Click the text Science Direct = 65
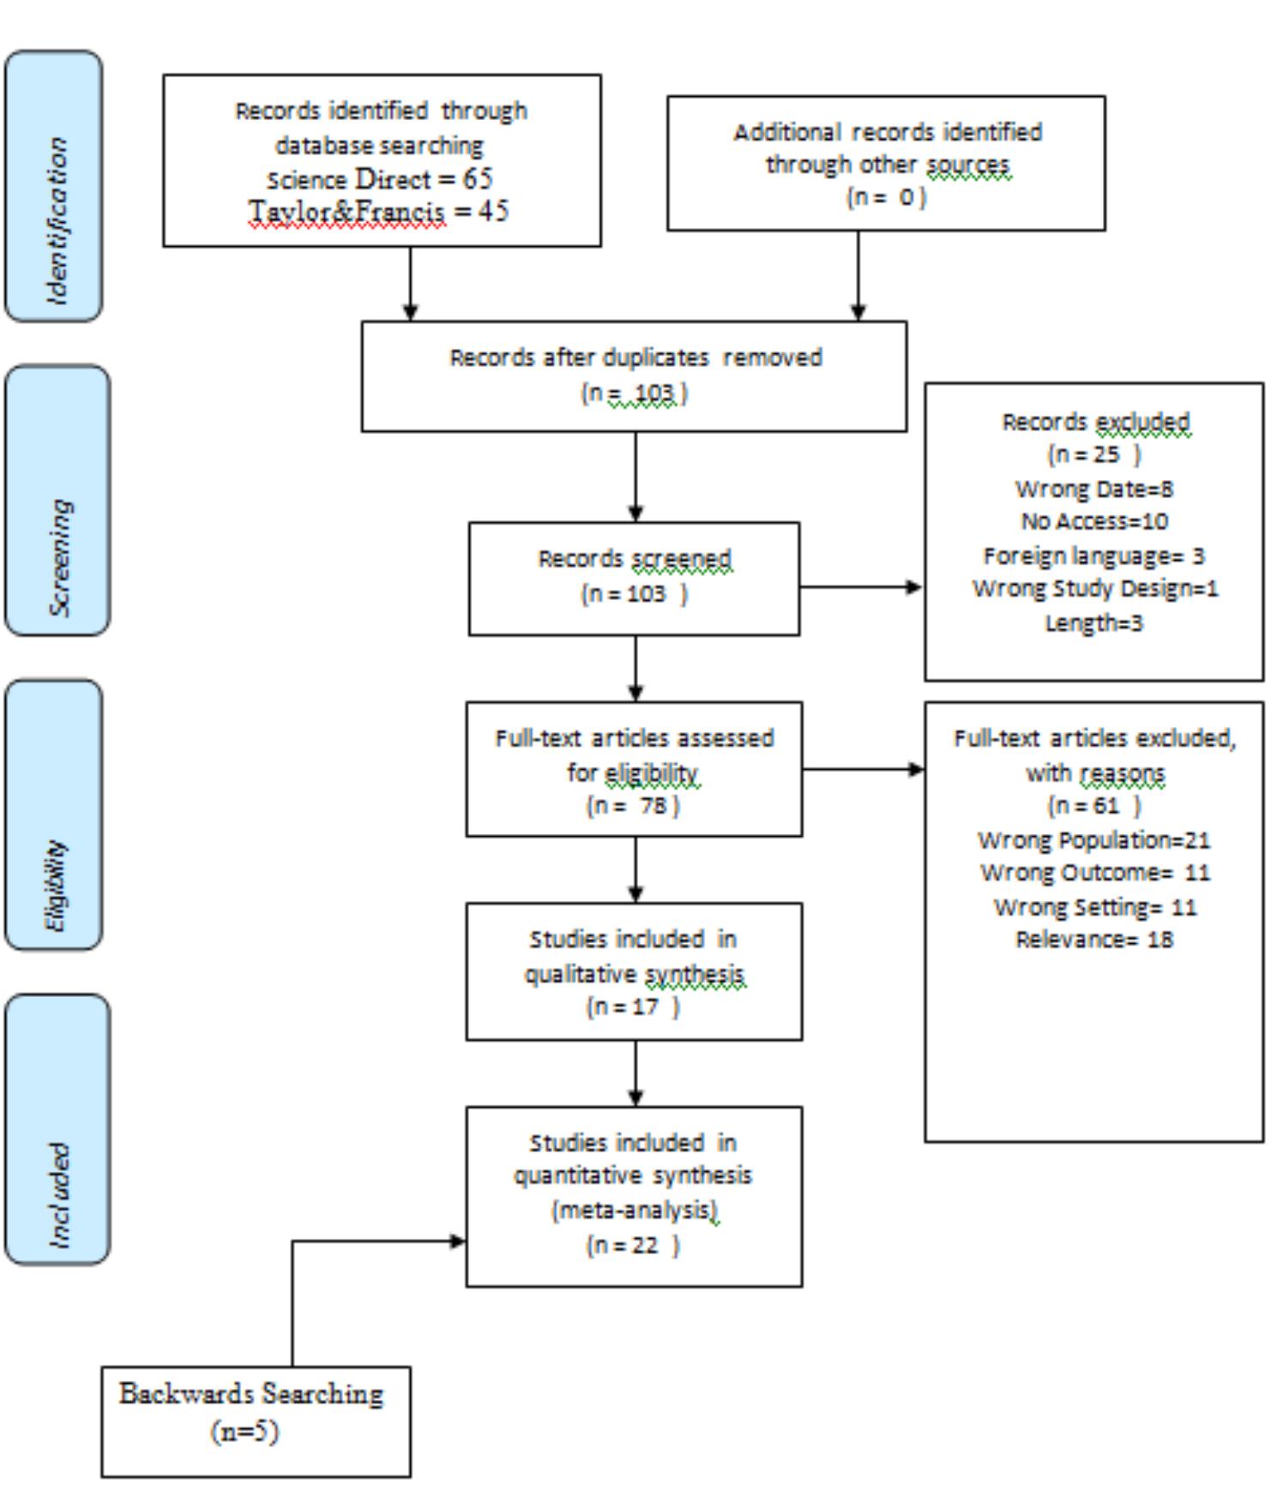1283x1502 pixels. coord(380,179)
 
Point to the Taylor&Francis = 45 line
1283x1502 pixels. coord(378,211)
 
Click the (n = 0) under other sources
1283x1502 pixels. coord(886,197)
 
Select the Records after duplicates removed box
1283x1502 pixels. coord(634,375)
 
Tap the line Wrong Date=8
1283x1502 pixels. coord(1093,489)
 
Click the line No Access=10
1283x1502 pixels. coord(1093,521)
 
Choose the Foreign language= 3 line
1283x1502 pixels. coord(1093,556)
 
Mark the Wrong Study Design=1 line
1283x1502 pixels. coord(1094,589)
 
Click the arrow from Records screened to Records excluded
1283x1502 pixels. coord(861,587)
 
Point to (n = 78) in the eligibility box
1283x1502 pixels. coord(633,806)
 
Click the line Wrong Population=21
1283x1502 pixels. coord(1093,839)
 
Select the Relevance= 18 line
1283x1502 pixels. coord(1093,940)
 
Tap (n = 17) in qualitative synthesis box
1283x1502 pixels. coord(633,1006)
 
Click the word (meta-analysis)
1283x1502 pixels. coord(633,1210)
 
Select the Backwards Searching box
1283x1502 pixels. coord(256,1421)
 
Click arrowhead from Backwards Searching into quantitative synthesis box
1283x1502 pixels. coord(458,1241)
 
